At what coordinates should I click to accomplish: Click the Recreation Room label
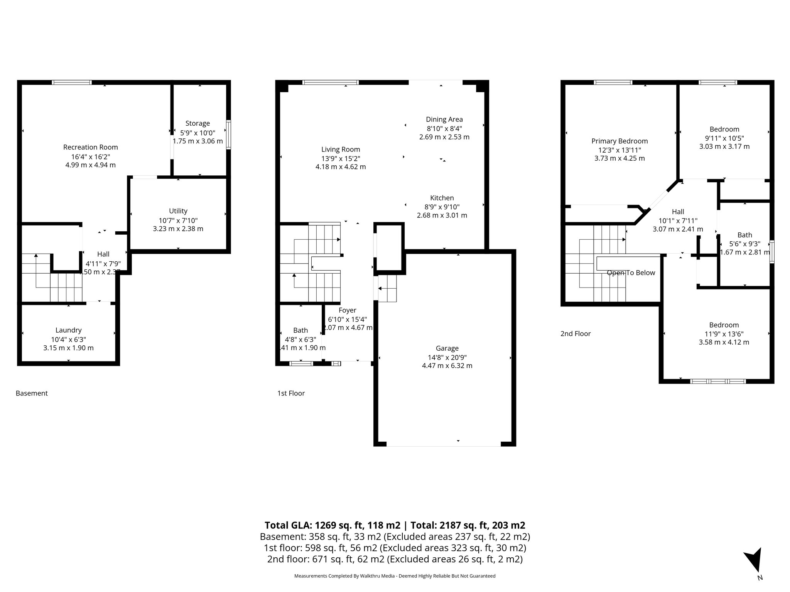click(90, 147)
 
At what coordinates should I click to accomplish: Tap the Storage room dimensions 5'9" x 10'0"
click(197, 133)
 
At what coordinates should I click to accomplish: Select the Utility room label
click(178, 211)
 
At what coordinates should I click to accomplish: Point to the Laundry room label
click(68, 330)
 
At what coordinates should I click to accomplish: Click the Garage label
click(447, 348)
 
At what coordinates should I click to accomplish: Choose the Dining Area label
click(444, 119)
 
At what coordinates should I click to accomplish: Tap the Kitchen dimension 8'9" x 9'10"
click(442, 207)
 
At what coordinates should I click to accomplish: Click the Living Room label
click(340, 150)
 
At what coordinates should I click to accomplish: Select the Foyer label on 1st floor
click(347, 310)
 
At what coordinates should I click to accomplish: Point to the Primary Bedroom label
click(619, 141)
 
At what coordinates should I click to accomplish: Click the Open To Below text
click(631, 273)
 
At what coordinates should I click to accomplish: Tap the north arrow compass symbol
click(753, 565)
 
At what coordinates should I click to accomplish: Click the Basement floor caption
click(32, 393)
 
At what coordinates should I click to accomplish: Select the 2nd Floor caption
click(575, 334)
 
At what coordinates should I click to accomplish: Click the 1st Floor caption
click(291, 393)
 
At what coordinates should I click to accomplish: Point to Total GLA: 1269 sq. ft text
click(332, 525)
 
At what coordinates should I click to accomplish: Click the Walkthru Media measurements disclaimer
click(395, 576)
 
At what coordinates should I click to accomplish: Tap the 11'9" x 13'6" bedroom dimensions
click(724, 334)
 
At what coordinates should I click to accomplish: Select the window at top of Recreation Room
click(72, 82)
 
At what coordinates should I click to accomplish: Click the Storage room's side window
click(228, 135)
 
